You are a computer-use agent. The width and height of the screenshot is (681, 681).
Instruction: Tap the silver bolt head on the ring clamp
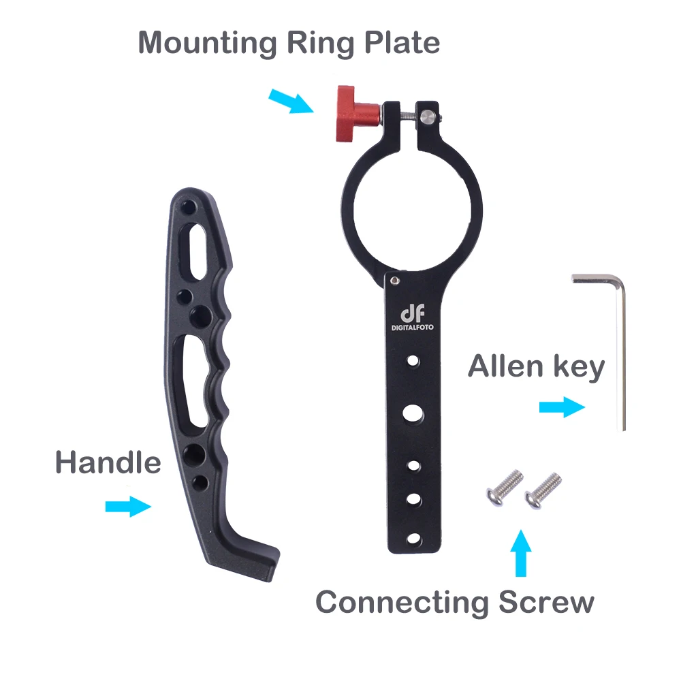428,115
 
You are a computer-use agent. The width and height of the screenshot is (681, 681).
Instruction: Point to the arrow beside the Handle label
128,506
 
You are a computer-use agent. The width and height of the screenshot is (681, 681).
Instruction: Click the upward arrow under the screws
521,552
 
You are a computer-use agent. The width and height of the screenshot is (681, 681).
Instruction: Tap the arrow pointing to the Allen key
562,408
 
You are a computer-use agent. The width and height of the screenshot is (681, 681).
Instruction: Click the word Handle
108,463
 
